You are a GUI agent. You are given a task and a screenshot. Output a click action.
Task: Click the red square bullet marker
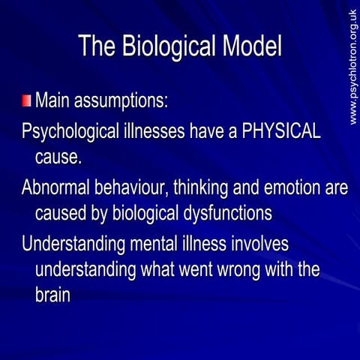point(26,101)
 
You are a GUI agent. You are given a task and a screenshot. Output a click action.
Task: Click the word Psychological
point(68,132)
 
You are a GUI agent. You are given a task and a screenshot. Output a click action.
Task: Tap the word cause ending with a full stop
point(58,157)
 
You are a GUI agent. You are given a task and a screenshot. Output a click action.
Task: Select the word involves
point(258,244)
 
